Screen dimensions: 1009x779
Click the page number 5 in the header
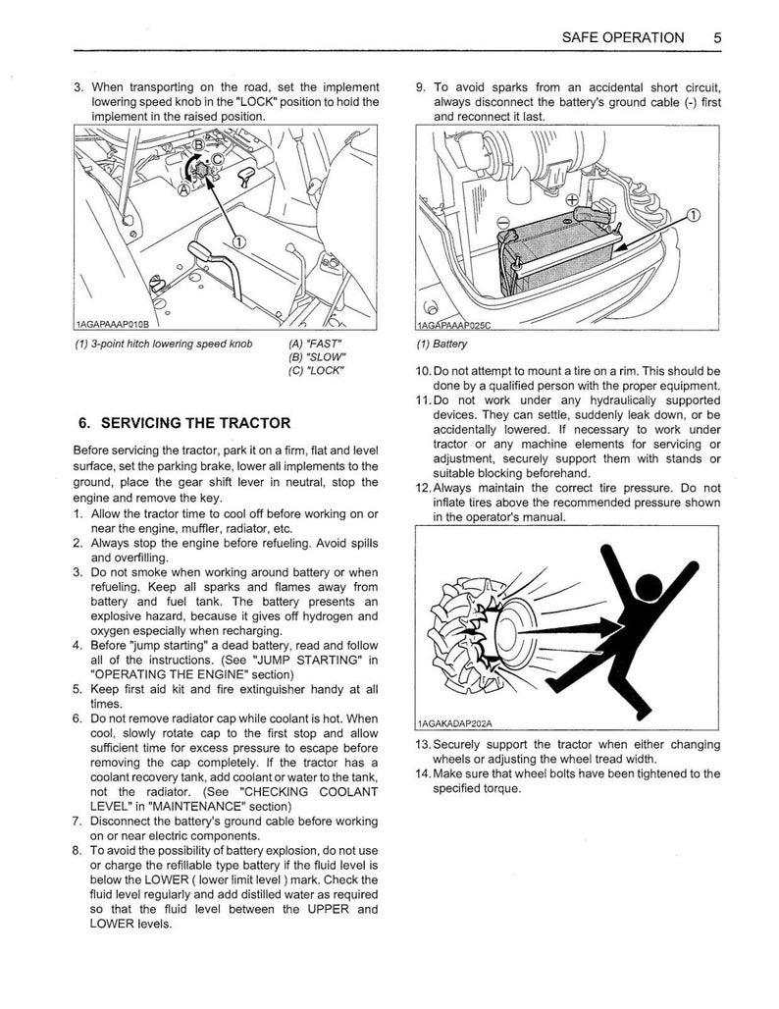tap(718, 38)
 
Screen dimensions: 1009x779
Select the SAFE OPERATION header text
tap(622, 38)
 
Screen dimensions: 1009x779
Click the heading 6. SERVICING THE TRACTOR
tap(183, 423)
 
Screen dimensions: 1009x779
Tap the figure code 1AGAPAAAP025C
tap(452, 325)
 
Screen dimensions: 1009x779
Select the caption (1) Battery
tap(442, 345)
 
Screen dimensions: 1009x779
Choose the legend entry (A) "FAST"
tap(309, 345)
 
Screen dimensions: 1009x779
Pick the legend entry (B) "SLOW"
tap(311, 356)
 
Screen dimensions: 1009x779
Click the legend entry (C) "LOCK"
tap(311, 369)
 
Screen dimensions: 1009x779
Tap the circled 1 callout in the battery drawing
tap(695, 215)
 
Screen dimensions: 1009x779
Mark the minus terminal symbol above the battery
tap(501, 222)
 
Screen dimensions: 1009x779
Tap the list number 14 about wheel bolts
tap(421, 773)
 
